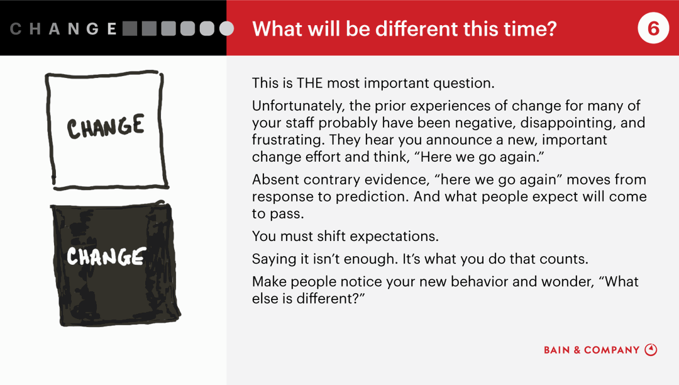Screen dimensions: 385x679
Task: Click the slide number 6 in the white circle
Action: pos(653,28)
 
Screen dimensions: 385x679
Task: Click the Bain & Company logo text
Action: pos(592,350)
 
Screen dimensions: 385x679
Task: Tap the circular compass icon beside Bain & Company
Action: pos(651,350)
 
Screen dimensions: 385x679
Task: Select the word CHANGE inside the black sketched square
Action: pos(106,257)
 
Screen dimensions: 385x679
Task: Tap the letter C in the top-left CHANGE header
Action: pos(16,29)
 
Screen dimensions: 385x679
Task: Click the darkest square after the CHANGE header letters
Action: pos(130,28)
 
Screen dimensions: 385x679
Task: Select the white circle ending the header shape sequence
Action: pos(227,28)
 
